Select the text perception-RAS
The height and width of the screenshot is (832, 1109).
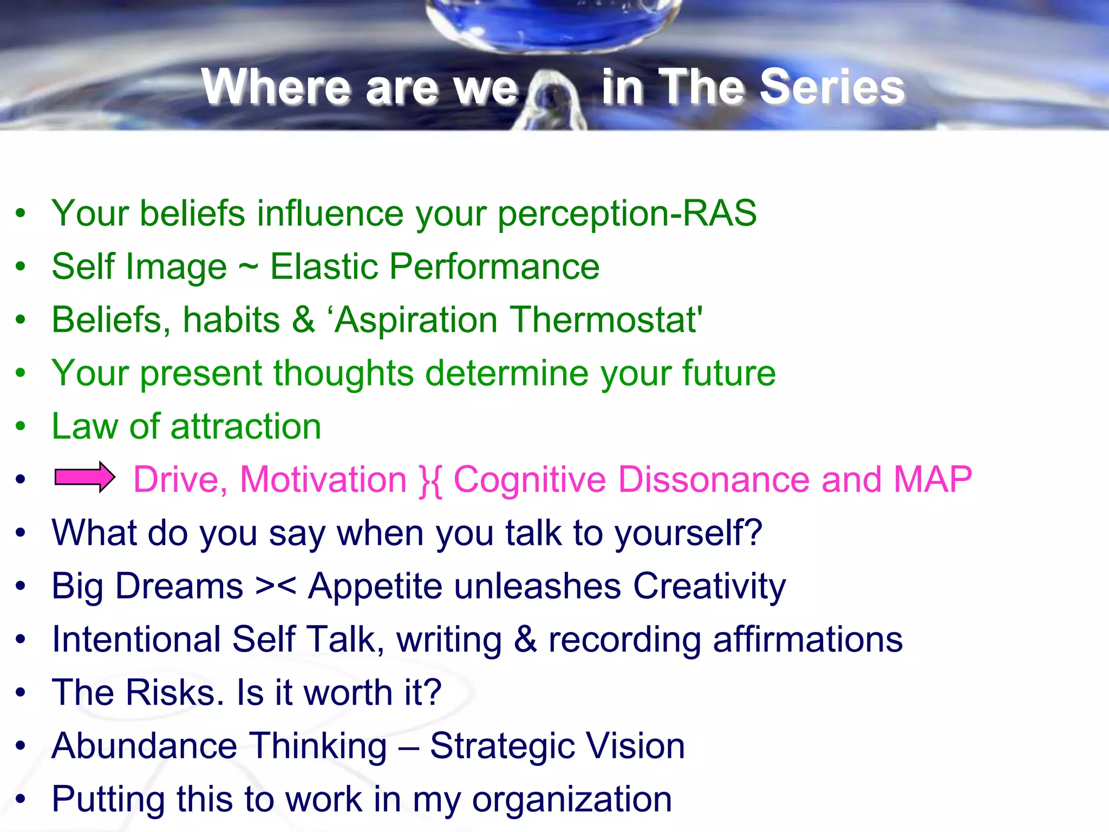pos(627,213)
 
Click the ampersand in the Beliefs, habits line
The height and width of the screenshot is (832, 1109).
pos(303,320)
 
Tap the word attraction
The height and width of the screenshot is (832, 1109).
pos(246,426)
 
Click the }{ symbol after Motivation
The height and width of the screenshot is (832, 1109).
pos(430,480)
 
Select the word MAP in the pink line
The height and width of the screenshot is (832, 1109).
pos(932,479)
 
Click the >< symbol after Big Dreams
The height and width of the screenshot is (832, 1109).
pos(276,587)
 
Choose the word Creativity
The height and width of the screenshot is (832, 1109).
pos(709,587)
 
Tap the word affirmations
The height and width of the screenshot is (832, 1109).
pos(807,640)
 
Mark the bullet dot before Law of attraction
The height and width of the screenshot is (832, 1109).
pos(21,426)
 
